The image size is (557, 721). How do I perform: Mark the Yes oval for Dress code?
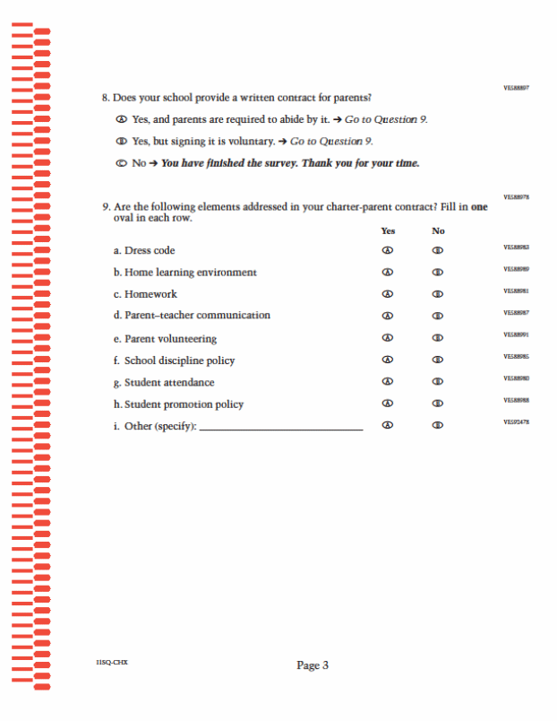(388, 250)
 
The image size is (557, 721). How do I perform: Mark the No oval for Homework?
(438, 294)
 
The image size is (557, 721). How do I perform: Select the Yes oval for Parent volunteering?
(388, 338)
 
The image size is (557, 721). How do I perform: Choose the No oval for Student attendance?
(438, 382)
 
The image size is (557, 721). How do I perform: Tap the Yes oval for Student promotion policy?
(388, 404)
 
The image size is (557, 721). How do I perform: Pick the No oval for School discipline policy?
(438, 360)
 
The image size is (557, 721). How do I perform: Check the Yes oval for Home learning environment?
(388, 272)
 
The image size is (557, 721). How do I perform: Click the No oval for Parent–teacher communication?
(438, 316)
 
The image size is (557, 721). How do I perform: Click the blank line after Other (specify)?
(281, 427)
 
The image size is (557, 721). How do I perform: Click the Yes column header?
(388, 230)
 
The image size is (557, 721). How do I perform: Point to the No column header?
(438, 230)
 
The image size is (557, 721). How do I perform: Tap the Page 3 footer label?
(313, 665)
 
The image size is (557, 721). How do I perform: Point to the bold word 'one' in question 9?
(480, 207)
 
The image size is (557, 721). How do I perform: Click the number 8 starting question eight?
(105, 97)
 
